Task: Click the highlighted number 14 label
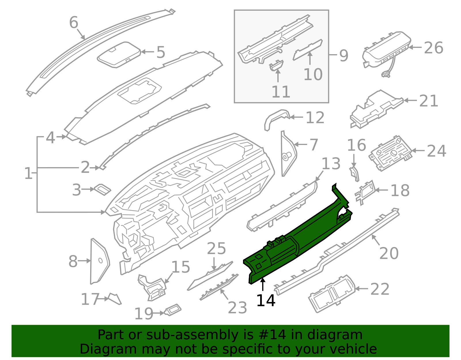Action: click(x=266, y=300)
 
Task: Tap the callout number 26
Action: click(x=433, y=48)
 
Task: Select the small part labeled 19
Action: click(x=173, y=310)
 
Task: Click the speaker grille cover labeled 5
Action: click(x=119, y=55)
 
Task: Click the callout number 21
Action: click(x=428, y=101)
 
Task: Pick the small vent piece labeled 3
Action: click(x=103, y=189)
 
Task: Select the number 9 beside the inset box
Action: click(x=343, y=55)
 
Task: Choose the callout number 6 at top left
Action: click(x=74, y=22)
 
